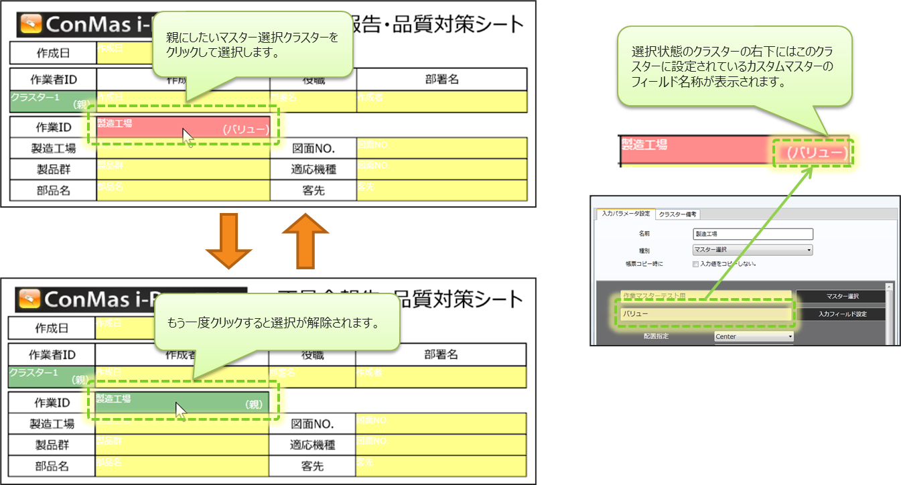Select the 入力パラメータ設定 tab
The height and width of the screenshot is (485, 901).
click(625, 214)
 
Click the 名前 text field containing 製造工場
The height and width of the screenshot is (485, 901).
click(752, 234)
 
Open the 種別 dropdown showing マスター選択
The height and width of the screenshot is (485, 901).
click(752, 250)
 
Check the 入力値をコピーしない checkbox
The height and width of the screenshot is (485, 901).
click(696, 264)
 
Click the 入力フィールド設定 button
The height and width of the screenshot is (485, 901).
click(842, 314)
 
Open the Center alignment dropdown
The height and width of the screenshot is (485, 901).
click(754, 336)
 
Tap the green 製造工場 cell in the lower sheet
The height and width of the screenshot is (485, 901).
click(182, 403)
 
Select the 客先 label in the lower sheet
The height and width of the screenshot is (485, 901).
click(313, 464)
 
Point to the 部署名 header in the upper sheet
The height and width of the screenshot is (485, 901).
click(441, 79)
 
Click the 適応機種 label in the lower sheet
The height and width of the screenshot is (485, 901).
click(313, 444)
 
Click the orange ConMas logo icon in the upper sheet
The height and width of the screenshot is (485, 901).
click(31, 25)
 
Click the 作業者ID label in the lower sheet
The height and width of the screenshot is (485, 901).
click(52, 354)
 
